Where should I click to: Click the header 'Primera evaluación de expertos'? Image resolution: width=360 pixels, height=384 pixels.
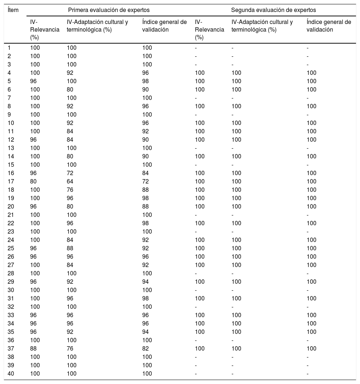[x=109, y=10]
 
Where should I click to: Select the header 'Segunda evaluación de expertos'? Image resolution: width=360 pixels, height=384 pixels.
[x=274, y=10]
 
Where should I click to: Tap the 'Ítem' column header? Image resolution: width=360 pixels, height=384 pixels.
[x=13, y=10]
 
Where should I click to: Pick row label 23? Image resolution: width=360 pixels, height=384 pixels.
[x=11, y=231]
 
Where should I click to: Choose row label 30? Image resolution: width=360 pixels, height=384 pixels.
[x=11, y=290]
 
